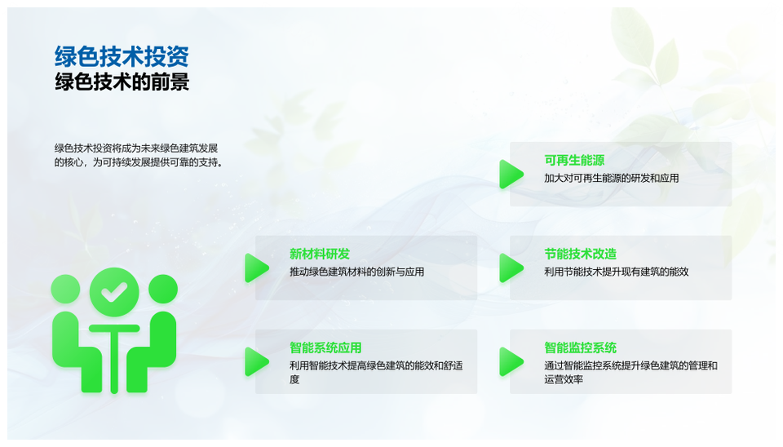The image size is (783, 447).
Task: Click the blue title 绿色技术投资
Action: [122, 56]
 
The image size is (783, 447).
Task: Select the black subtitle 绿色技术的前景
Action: [122, 82]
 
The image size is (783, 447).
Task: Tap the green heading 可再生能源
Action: [574, 161]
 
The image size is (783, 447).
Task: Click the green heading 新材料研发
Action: [320, 254]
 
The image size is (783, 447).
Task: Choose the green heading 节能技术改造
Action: [580, 254]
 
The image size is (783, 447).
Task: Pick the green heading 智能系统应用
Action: [325, 347]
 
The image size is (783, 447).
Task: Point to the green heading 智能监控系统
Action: [580, 347]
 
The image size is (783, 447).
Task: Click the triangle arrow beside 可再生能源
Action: [511, 175]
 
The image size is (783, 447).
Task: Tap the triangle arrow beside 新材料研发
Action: [256, 268]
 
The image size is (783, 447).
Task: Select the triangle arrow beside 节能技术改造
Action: [511, 268]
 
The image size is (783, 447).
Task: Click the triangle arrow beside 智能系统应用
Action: [256, 361]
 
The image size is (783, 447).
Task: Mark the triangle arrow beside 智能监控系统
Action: [511, 361]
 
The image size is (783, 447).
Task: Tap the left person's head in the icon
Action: [65, 289]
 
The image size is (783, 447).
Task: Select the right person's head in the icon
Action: [163, 289]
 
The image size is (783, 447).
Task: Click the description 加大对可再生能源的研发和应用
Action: [611, 179]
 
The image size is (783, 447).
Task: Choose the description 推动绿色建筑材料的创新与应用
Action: [356, 272]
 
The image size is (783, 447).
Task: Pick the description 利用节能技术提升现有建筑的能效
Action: [617, 272]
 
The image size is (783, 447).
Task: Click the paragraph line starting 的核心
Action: [139, 162]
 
